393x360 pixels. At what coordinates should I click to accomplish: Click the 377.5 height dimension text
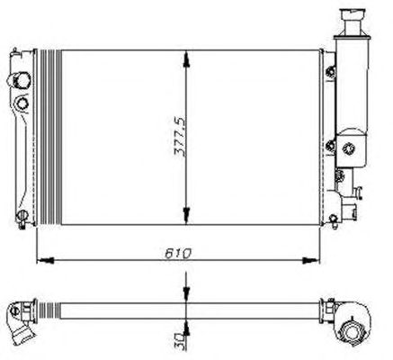180,137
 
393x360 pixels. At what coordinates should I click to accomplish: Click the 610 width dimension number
178,254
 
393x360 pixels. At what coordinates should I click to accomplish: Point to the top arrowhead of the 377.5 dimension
186,58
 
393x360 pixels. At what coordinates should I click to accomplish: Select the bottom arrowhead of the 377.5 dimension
186,216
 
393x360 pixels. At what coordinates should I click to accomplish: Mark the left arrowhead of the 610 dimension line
45,260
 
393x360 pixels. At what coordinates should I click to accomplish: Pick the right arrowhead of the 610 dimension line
311,260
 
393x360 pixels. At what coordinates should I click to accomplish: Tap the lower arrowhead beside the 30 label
186,328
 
